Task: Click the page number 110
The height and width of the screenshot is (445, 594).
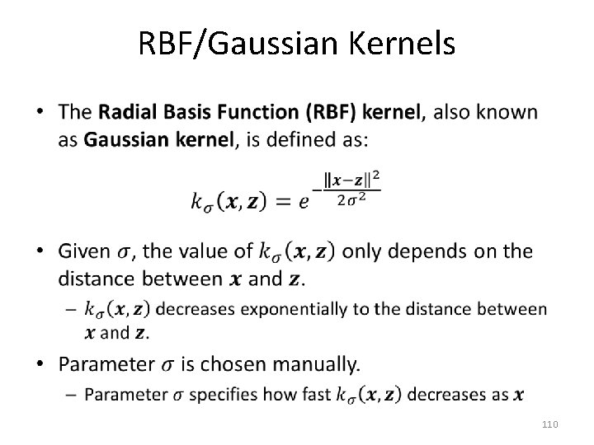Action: coord(550,424)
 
